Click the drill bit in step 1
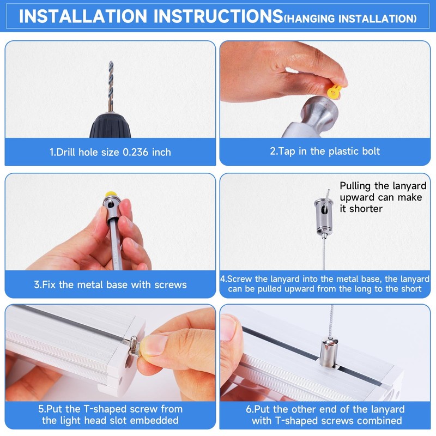click(x=111, y=86)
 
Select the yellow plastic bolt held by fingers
click(x=335, y=92)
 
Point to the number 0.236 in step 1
click(x=135, y=153)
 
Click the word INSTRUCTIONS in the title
click(x=219, y=16)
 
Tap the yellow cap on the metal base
click(x=111, y=194)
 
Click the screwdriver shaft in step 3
click(x=116, y=245)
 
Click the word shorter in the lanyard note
click(x=366, y=209)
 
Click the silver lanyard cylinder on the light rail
click(x=329, y=353)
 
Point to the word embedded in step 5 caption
click(x=154, y=420)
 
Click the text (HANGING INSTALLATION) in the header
click(x=350, y=19)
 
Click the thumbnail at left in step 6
click(x=228, y=328)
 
